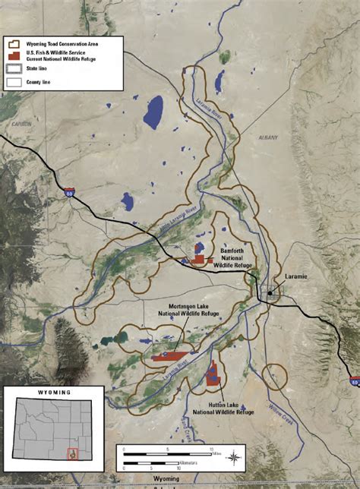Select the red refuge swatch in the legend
(12, 52)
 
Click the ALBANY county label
(268, 137)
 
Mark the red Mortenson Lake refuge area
(170, 355)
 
